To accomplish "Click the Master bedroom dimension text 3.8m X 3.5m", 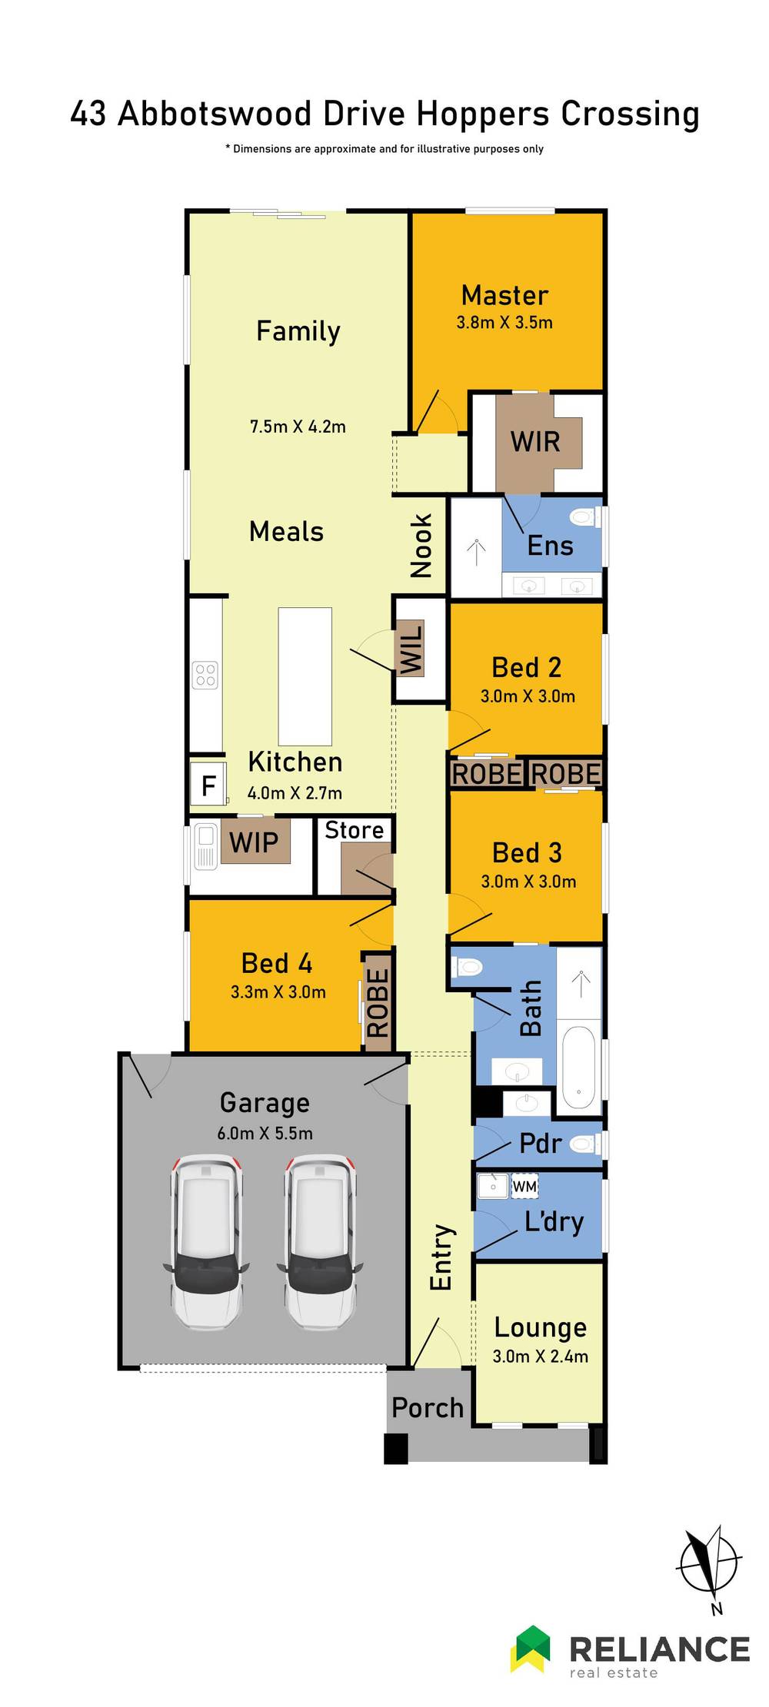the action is pos(504,322).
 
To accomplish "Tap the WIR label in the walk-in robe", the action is pos(535,442).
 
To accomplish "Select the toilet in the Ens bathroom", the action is pos(585,516).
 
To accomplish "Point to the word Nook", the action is pos(421,546).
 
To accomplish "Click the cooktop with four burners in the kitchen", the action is pos(205,675).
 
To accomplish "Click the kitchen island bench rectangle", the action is pos(305,676).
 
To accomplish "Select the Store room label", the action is pos(354,830).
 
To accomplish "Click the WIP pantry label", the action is pos(254,842).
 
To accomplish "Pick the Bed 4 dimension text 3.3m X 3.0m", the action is pos(278,992).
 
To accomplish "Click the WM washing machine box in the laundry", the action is pos(524,1186).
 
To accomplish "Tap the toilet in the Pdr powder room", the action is pos(585,1144).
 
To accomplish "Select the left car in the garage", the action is pos(206,1243).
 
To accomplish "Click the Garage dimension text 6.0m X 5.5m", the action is pos(265,1133).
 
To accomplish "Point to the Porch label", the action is pos(428,1407).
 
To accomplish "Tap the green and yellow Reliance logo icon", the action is pos(531,1648).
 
